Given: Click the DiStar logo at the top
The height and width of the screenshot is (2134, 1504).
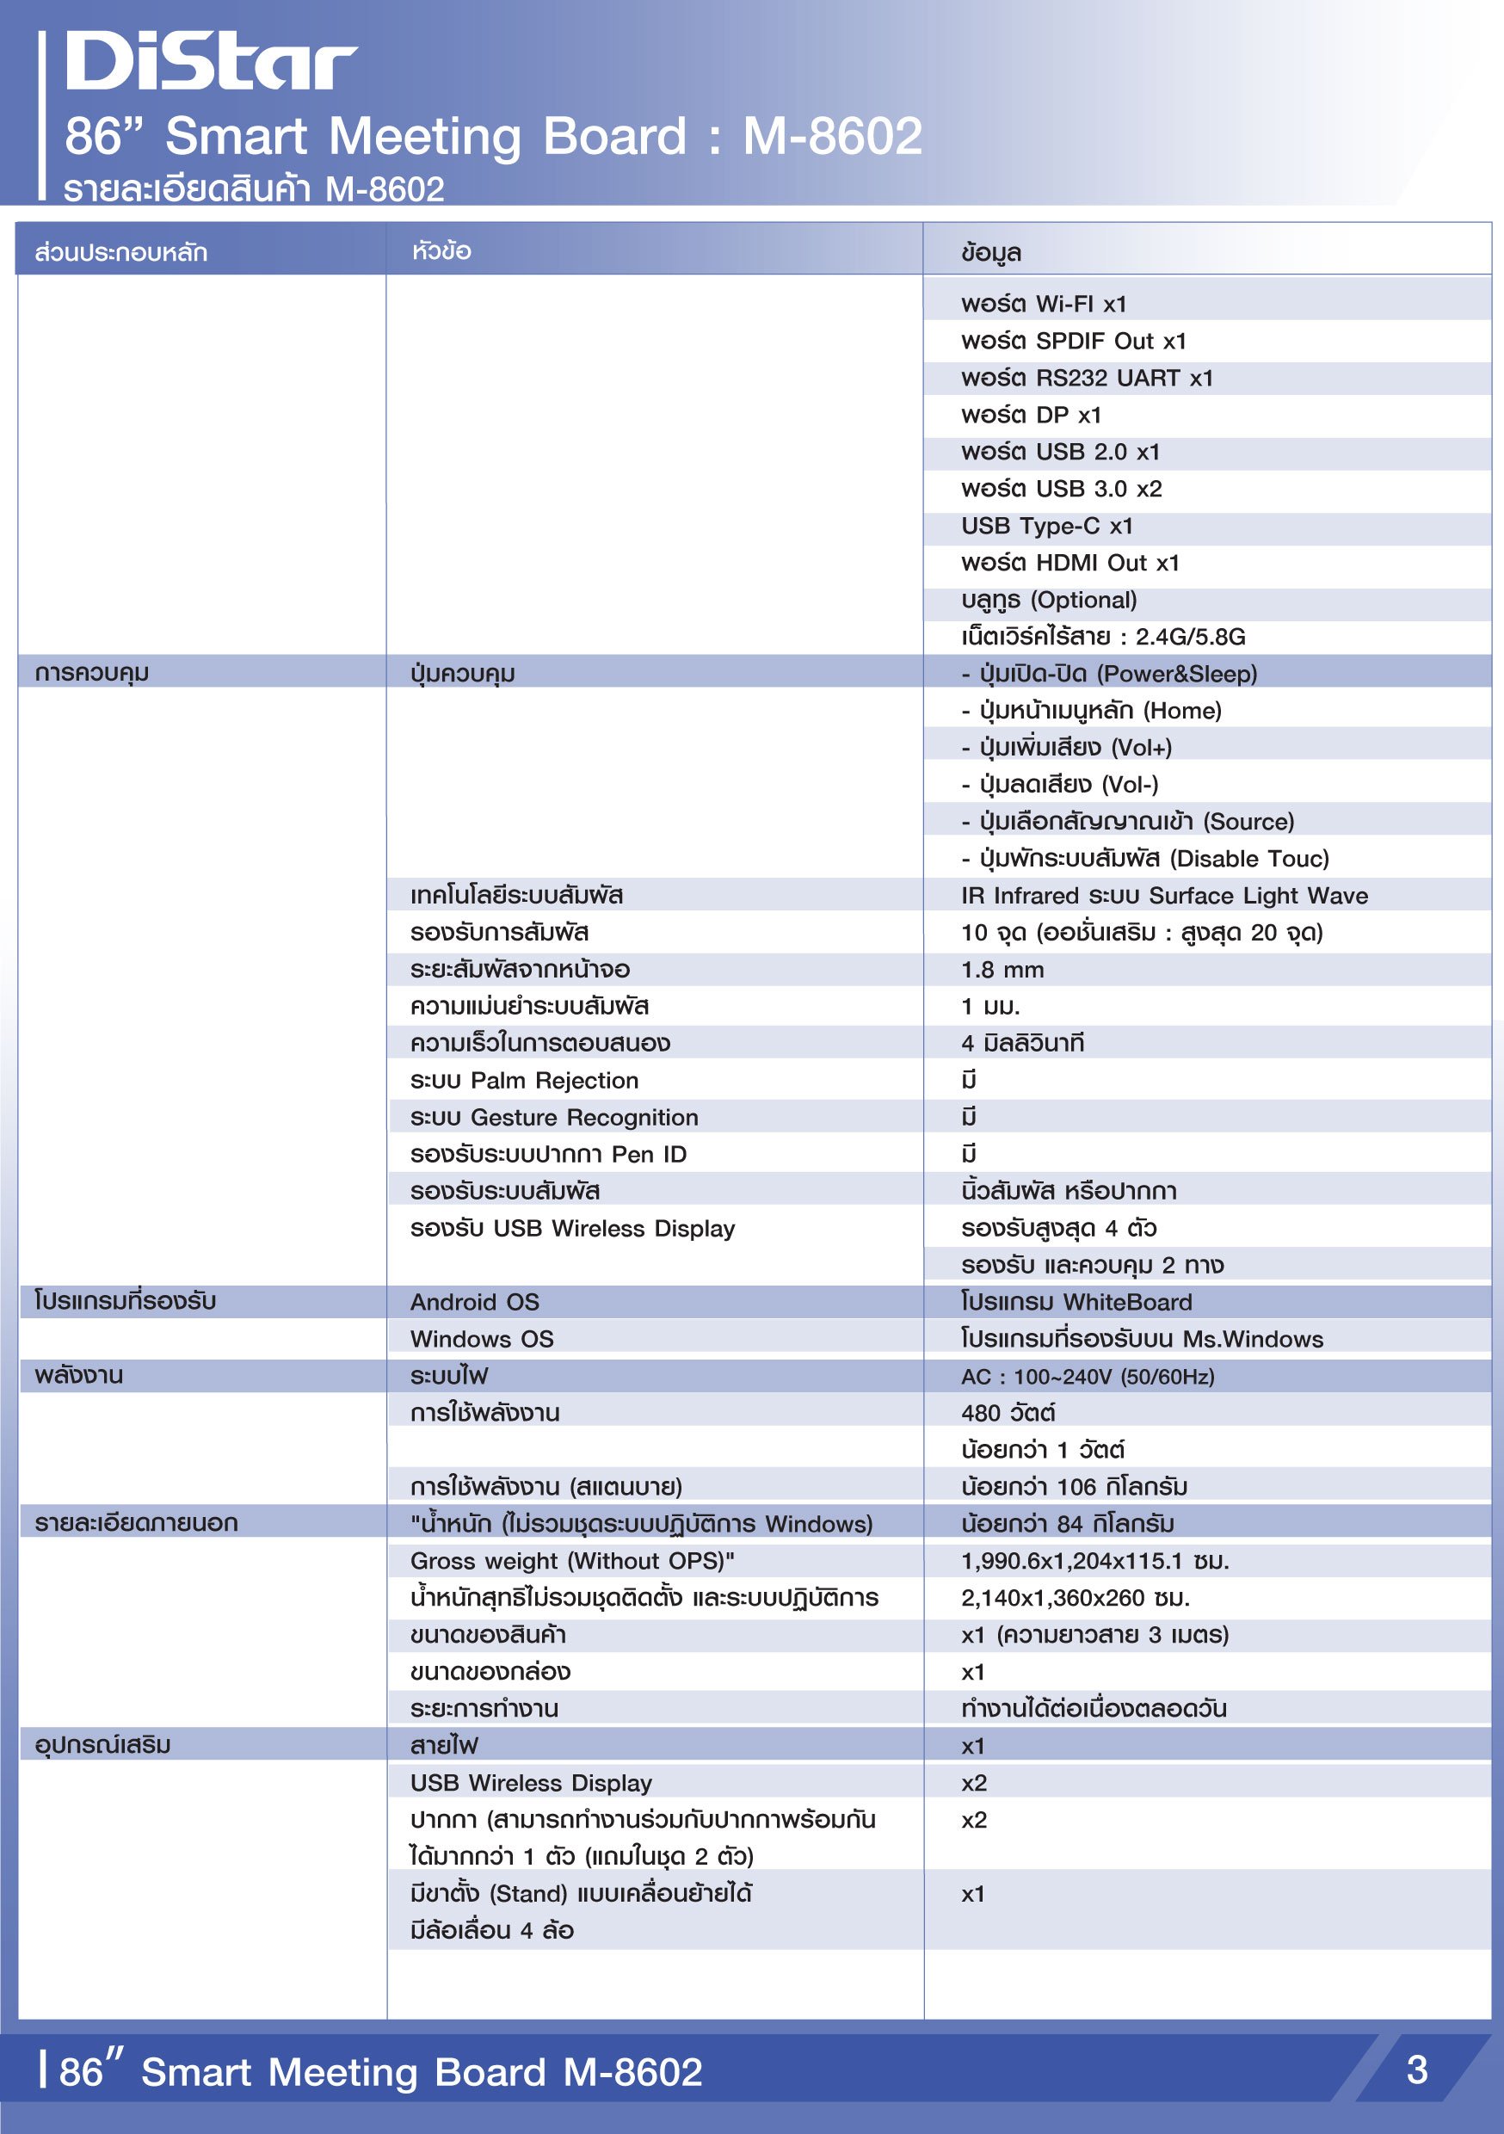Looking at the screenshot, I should click(x=211, y=60).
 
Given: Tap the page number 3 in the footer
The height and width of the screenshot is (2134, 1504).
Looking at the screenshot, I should click(x=1416, y=2069).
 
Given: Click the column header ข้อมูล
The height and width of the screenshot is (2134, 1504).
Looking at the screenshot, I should click(x=991, y=252).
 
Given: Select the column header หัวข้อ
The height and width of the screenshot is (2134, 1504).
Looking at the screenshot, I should click(x=441, y=251).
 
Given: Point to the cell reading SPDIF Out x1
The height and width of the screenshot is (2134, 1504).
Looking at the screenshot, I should click(x=1074, y=341).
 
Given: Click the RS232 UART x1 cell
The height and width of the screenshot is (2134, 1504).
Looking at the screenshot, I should click(x=1087, y=379).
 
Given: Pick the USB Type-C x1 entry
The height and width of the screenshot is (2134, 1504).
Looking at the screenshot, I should click(x=1046, y=526).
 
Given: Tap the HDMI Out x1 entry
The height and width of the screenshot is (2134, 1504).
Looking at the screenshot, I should click(x=1069, y=564).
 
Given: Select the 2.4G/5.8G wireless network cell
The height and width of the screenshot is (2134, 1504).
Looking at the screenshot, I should click(x=1102, y=637).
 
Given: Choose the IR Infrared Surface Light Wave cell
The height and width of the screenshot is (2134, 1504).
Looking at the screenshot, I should click(x=1164, y=896).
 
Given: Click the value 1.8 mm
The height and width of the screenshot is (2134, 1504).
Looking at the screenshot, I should click(x=1002, y=971).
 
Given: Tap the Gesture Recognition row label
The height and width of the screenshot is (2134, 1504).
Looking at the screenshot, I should click(x=554, y=1118).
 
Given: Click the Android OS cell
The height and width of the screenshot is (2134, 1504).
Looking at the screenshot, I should click(x=475, y=1302).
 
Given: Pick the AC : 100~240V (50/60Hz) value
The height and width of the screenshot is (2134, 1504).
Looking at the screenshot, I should click(x=1088, y=1377).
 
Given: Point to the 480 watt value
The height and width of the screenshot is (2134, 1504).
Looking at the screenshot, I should click(x=1008, y=1414).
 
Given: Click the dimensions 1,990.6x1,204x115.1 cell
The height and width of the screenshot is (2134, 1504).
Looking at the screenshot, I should click(x=1094, y=1562).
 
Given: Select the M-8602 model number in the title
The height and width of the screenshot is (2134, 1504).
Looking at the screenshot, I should click(x=832, y=136).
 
